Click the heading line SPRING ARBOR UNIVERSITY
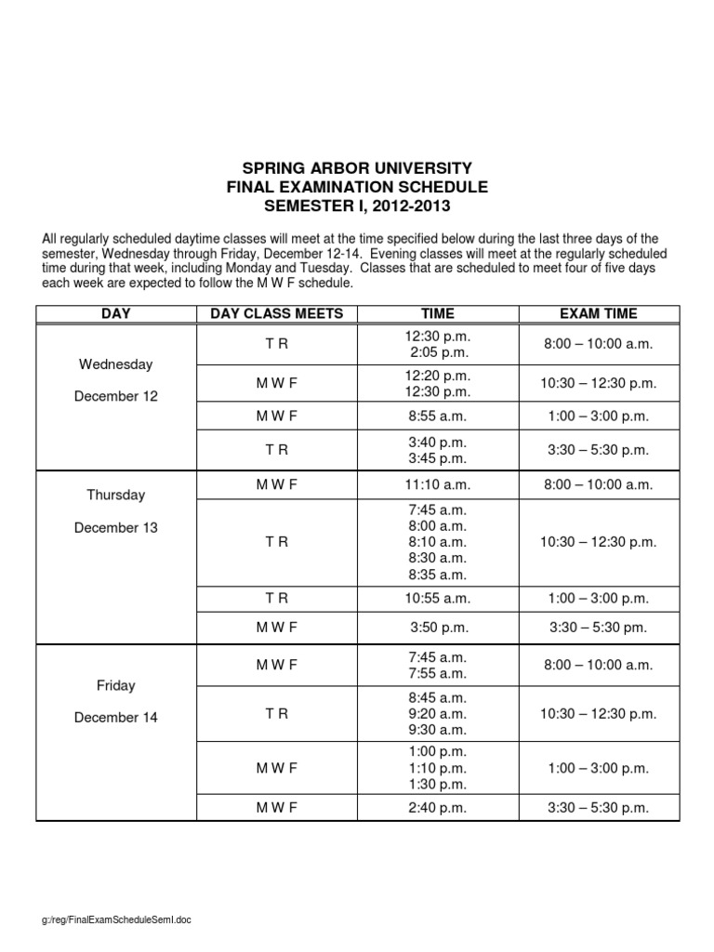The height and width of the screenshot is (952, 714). coord(357,168)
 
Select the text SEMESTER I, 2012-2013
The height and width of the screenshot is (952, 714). coord(357,205)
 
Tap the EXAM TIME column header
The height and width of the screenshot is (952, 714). coord(598,313)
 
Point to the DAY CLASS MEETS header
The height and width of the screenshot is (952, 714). coord(277,313)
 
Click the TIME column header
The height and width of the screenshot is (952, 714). coord(438,313)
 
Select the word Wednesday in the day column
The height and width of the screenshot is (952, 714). coord(116,364)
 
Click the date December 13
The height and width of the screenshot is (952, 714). coord(116,527)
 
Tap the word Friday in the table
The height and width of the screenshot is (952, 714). coord(116,685)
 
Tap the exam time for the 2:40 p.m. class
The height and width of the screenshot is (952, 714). coord(599,808)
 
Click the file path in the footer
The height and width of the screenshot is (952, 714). coord(116,919)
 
